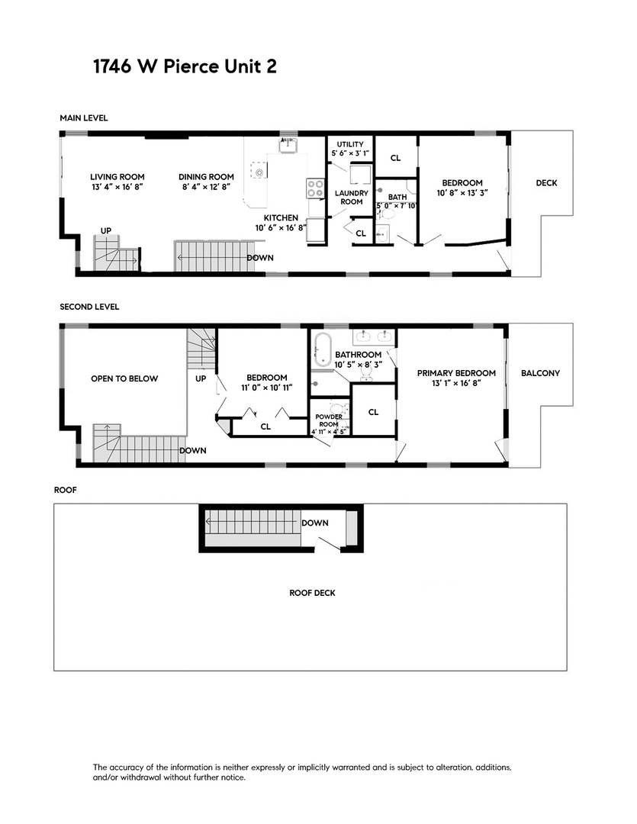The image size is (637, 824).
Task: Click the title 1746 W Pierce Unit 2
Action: [184, 66]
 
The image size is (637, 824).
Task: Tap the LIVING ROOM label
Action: [117, 177]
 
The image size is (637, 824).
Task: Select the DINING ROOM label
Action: [201, 177]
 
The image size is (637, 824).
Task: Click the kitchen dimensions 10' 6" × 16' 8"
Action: [281, 227]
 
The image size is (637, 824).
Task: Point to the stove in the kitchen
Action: [314, 188]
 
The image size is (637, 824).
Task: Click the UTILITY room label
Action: [350, 144]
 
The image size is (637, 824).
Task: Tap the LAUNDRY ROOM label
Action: [350, 197]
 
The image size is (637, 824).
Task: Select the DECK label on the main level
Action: [546, 183]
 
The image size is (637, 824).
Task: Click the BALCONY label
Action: [540, 373]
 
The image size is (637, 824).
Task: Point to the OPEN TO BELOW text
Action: [124, 378]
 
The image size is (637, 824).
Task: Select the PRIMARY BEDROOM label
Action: [456, 373]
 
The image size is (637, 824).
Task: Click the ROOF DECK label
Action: [312, 593]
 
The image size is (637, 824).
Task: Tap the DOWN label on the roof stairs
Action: [315, 523]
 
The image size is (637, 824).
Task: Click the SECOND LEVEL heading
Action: [89, 307]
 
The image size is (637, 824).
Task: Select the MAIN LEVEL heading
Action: [84, 118]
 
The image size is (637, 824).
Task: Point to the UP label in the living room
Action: [106, 230]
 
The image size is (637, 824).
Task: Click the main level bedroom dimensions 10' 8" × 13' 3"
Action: [462, 194]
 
